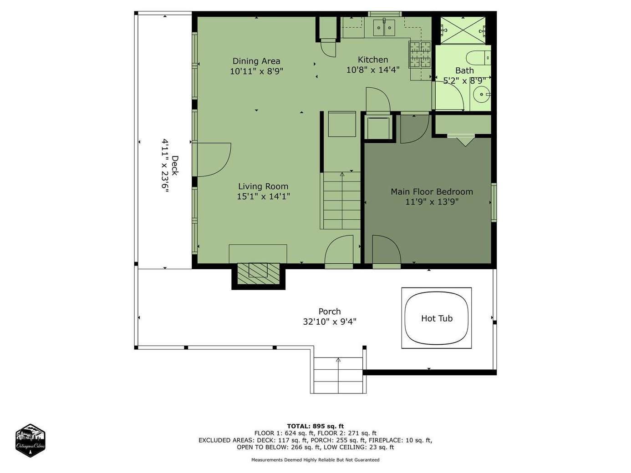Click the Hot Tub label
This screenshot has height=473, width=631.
point(437,318)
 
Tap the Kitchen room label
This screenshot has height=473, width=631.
point(373,60)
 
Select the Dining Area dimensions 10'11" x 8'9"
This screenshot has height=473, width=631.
point(256,71)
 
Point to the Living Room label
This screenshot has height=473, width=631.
point(263,186)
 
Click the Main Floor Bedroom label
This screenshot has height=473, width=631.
point(432,191)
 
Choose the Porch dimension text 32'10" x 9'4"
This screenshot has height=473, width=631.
point(330,322)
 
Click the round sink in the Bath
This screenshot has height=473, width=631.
point(482,94)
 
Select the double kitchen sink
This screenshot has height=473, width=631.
point(384,27)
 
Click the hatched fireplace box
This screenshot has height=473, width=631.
point(259,274)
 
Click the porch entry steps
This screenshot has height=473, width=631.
point(338,375)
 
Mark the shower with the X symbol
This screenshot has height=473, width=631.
point(463,30)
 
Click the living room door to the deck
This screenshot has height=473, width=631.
point(214,160)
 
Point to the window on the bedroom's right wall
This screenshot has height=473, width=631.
point(494,202)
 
